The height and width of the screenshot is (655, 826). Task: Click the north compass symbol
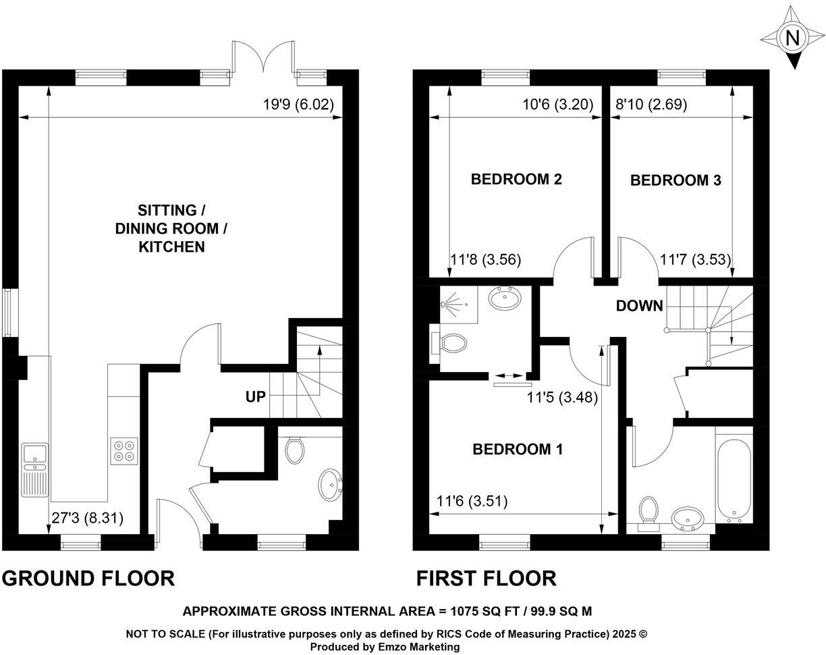point(794,36)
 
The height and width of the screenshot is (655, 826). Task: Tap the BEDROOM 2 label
point(516,180)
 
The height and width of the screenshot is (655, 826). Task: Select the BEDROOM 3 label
point(676,180)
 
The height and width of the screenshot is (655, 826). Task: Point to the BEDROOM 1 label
point(518,449)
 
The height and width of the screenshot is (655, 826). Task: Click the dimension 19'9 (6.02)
point(298,105)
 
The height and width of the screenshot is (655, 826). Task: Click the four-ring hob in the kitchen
point(123,450)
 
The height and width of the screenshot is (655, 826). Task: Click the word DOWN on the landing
point(639,306)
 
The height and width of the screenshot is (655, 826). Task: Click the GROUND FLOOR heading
point(89,579)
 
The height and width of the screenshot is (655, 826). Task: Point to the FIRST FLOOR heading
point(486,579)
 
